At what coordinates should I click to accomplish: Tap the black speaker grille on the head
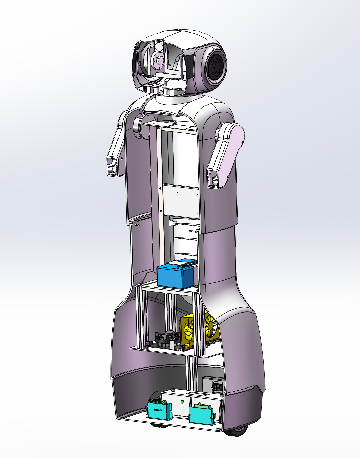pyautogui.click(x=216, y=66)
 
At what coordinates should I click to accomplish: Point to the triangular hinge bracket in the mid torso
pyautogui.click(x=173, y=223)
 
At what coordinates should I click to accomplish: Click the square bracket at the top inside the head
pyautogui.click(x=160, y=46)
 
